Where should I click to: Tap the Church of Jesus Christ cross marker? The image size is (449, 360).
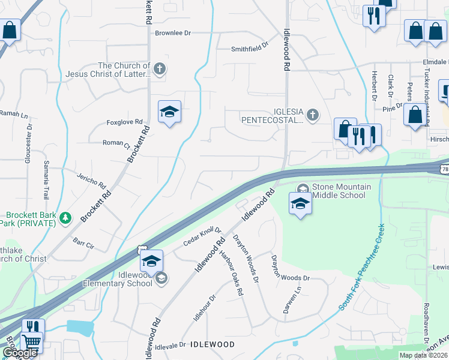point(159,68)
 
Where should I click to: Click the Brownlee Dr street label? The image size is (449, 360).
point(172,34)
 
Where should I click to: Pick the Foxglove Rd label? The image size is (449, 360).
point(124,122)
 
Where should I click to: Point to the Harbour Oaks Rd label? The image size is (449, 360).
point(232,273)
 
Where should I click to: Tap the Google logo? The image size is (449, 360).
point(20,353)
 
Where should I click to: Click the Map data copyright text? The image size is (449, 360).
point(424,355)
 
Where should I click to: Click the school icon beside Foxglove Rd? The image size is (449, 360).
point(170,112)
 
